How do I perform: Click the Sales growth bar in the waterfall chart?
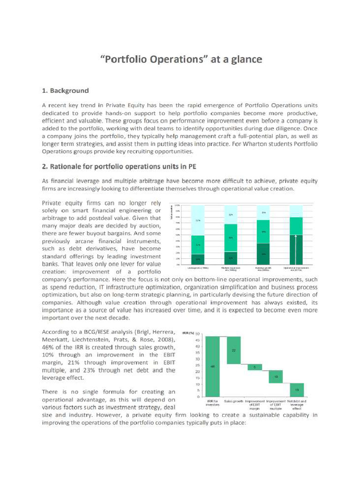234,350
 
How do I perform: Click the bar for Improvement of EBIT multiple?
276,376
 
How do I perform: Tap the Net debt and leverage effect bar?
296,390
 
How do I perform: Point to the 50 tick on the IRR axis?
198,334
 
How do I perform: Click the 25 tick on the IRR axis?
198,365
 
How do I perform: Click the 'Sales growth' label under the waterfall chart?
234,401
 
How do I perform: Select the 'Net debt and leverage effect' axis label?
297,405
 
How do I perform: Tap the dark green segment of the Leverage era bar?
198,259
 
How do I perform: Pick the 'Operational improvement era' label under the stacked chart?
297,270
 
